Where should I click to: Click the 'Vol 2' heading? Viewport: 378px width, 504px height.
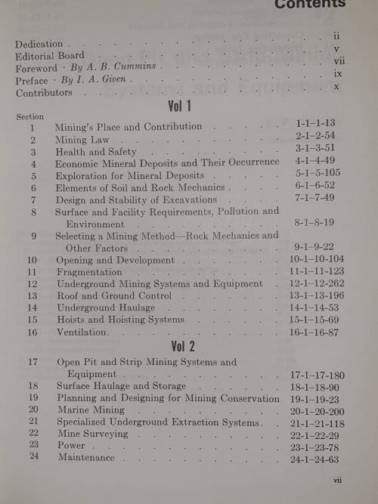182,347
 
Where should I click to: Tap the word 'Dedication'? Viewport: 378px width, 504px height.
39,44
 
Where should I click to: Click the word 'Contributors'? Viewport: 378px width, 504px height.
45,92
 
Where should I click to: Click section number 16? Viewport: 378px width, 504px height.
33,332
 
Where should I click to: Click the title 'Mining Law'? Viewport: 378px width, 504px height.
82,140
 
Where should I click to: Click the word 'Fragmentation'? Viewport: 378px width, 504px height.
88,271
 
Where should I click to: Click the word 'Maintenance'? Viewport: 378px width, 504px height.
86,457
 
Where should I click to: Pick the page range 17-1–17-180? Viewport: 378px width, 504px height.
317,374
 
